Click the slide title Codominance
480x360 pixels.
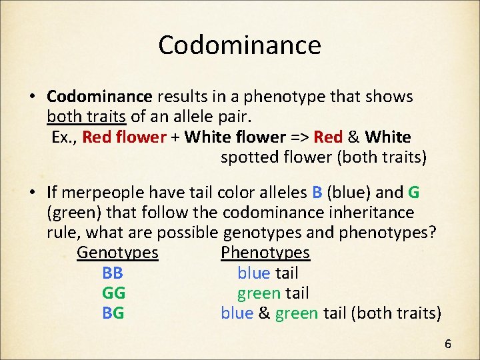(239, 45)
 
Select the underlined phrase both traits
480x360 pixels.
(87, 117)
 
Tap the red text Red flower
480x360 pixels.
(124, 137)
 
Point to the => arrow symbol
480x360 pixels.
(297, 137)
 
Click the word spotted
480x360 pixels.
(250, 157)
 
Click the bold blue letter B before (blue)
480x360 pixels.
(317, 193)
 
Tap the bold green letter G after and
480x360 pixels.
(413, 193)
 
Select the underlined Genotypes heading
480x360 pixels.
(117, 253)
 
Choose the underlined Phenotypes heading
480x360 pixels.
(265, 253)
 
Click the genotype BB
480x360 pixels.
(113, 273)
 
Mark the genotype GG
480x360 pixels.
(114, 293)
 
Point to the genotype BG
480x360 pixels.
(113, 313)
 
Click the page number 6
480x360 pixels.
(448, 344)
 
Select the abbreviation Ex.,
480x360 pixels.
(65, 137)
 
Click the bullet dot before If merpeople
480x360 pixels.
(32, 193)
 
